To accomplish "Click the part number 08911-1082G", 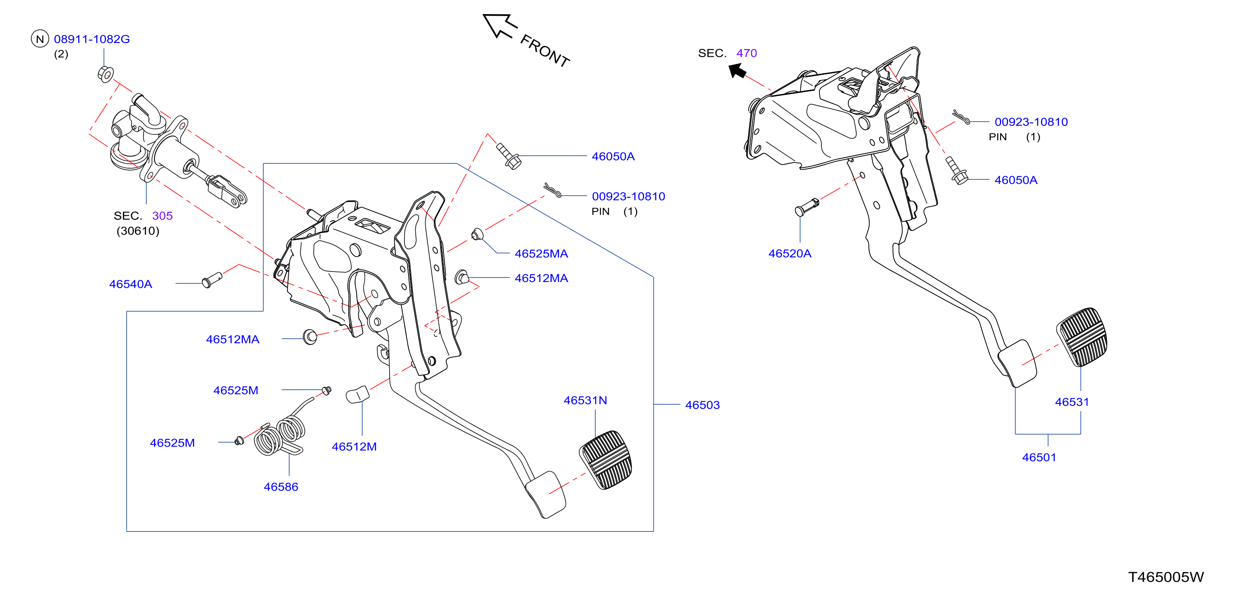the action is [x=92, y=39].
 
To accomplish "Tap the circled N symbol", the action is [x=40, y=39].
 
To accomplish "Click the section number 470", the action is [x=747, y=53].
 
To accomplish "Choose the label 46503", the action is [x=702, y=405].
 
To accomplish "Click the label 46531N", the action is [x=585, y=400].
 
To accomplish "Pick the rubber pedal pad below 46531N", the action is [x=605, y=459].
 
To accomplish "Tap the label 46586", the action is [x=281, y=487].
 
